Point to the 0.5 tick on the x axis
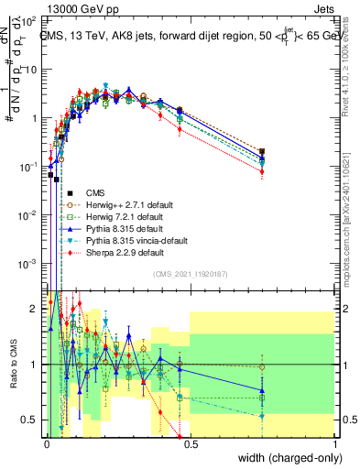tap(190, 443)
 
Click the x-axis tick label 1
tap(335, 443)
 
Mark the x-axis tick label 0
tap(46, 443)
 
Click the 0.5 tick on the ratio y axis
tap(31, 420)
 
